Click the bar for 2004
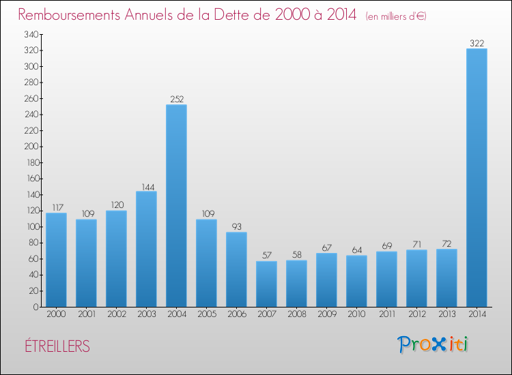pyautogui.click(x=176, y=205)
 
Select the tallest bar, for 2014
pyautogui.click(x=477, y=177)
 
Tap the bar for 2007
pyautogui.click(x=266, y=284)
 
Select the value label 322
pyautogui.click(x=477, y=44)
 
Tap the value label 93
pyautogui.click(x=236, y=227)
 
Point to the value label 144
pyautogui.click(x=146, y=186)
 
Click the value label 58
pyautogui.click(x=296, y=255)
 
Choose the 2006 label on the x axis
pyautogui.click(x=236, y=315)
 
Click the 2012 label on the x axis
pyautogui.click(x=416, y=315)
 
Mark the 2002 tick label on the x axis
pyautogui.click(x=116, y=315)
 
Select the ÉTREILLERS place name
pyautogui.click(x=55, y=346)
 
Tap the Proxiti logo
pyautogui.click(x=433, y=344)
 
